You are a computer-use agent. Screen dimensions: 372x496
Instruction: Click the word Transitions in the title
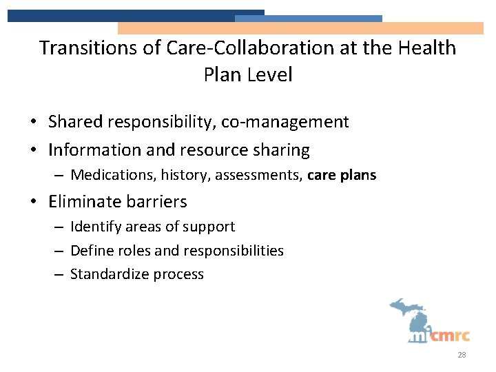tap(79, 48)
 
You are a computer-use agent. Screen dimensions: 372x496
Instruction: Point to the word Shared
tap(74, 122)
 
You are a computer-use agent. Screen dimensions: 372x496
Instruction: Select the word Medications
tap(114, 175)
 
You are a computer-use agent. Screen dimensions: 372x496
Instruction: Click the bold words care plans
tap(342, 175)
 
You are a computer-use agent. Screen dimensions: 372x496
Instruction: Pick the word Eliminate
tap(83, 202)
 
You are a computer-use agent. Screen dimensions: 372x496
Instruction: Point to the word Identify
tap(96, 227)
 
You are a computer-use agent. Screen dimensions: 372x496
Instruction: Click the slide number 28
tap(462, 355)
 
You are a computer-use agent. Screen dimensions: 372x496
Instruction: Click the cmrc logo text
tap(451, 335)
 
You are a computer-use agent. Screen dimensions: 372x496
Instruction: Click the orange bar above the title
tap(300, 28)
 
